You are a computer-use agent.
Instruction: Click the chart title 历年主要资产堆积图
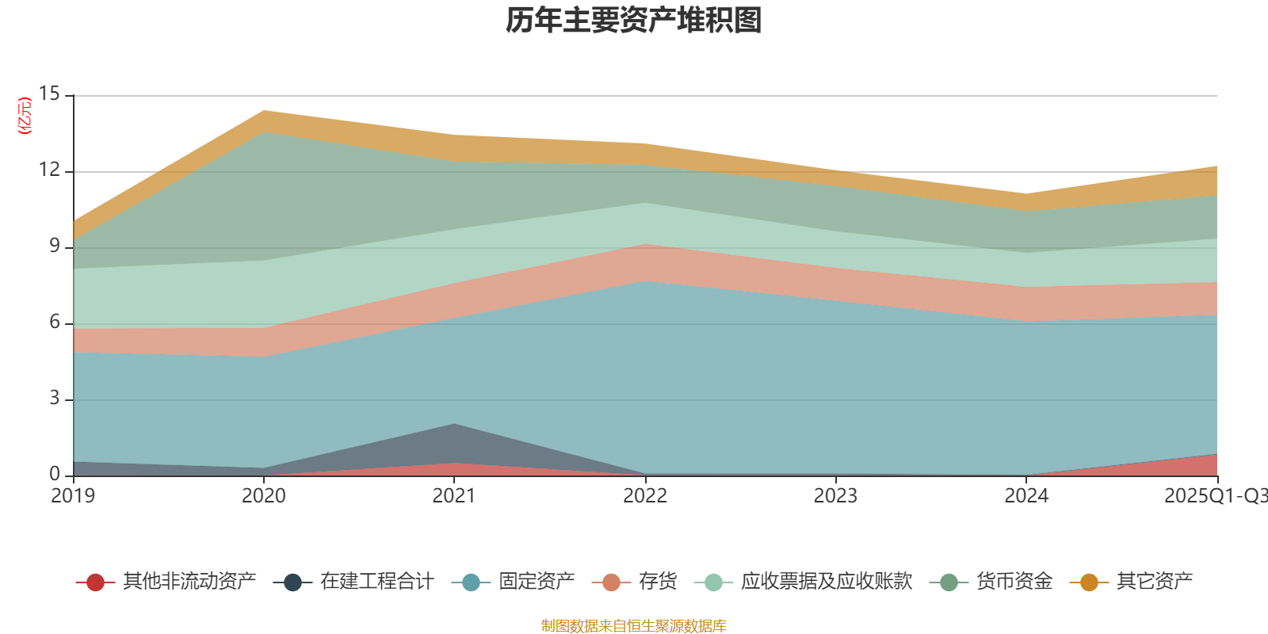tap(634, 21)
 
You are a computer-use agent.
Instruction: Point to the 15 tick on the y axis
tap(50, 94)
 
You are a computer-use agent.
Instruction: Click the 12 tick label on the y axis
tap(50, 170)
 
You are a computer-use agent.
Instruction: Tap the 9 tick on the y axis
tap(55, 246)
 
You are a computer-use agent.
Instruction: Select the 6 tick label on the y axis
tap(55, 323)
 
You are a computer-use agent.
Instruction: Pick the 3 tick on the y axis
tap(55, 399)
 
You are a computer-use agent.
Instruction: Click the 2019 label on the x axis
tap(73, 496)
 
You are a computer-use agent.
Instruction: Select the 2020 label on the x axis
tap(263, 496)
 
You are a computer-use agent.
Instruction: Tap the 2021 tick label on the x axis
tap(454, 496)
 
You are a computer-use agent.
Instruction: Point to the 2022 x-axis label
tap(645, 496)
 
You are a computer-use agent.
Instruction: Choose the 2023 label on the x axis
tap(835, 496)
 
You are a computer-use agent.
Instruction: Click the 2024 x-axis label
tap(1026, 496)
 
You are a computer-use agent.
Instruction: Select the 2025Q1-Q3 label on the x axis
tap(1215, 496)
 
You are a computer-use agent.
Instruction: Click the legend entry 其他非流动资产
tap(189, 582)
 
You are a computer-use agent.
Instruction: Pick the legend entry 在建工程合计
tap(376, 582)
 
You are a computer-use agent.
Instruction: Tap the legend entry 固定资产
tap(537, 582)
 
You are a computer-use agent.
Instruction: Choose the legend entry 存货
tap(658, 582)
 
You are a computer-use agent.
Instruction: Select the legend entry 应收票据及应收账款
tap(827, 582)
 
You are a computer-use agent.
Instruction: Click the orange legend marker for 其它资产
tap(1089, 582)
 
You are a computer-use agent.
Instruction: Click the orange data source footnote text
tap(633, 626)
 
